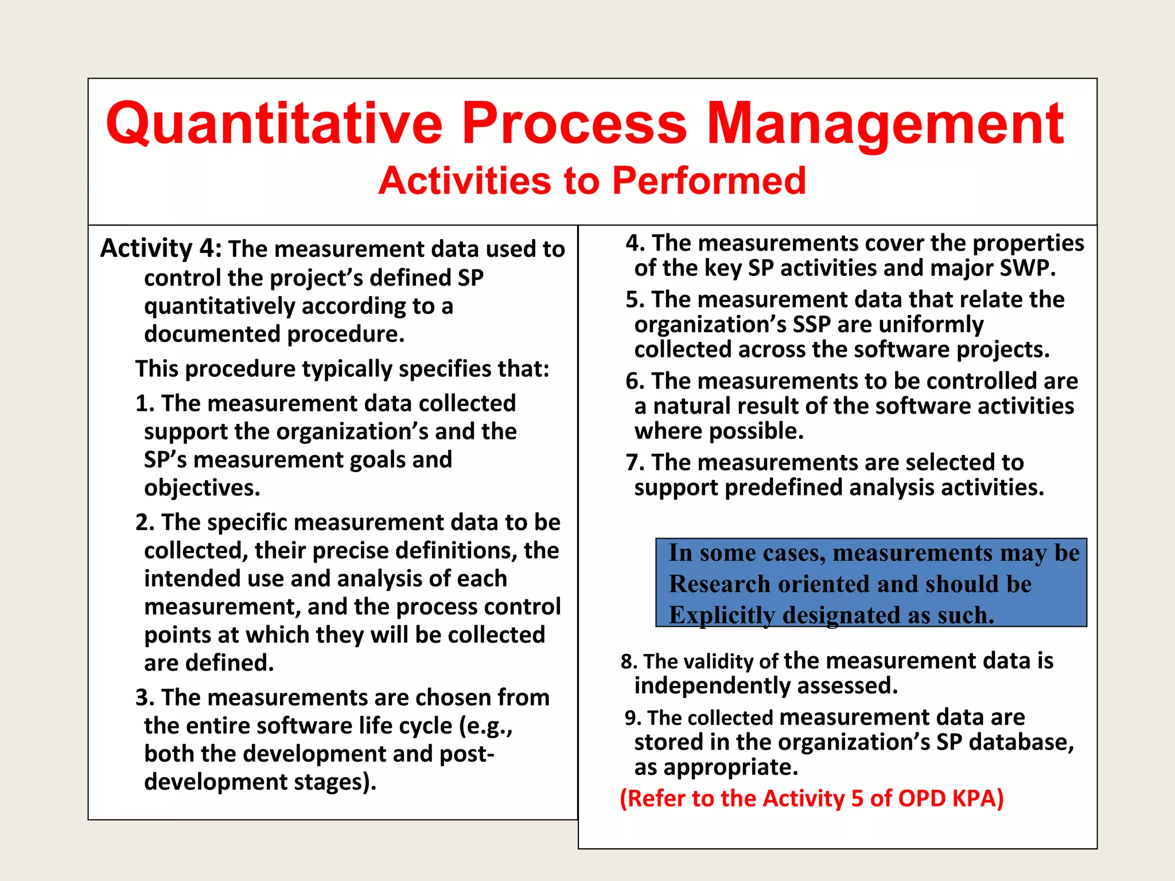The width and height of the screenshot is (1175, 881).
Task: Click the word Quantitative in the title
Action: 274,123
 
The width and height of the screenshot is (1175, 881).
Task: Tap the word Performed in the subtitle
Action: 709,181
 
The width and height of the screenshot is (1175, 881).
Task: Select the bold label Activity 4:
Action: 161,248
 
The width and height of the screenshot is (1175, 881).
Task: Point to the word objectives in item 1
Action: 202,488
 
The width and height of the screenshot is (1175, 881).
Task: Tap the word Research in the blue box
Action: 720,584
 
